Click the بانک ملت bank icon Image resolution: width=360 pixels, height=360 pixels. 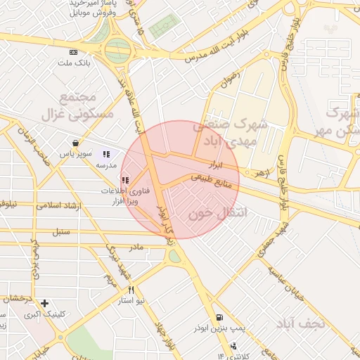pos(74,53)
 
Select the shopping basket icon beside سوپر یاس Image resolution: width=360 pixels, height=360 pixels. pos(75,143)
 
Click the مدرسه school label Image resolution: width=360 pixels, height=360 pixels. pos(105,164)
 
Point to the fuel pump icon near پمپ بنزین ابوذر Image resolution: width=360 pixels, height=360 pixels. pos(220,318)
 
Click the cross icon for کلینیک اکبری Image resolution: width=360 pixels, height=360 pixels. pos(45,304)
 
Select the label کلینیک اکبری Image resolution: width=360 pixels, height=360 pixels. pos(40,314)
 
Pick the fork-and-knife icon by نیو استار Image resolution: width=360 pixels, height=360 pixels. pos(130,290)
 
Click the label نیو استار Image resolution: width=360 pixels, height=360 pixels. pos(131,300)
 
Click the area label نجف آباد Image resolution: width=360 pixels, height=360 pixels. pos(299,323)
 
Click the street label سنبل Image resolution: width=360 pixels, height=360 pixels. pos(62,231)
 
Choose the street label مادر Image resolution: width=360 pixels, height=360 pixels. pos(135,247)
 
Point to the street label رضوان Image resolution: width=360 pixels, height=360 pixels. pos(230,75)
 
